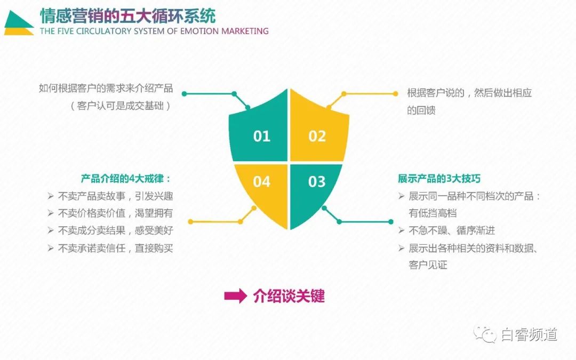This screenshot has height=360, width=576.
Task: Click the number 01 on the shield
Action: (x=262, y=136)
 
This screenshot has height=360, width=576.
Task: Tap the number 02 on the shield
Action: (x=317, y=136)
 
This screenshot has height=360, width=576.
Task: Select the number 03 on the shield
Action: (x=317, y=182)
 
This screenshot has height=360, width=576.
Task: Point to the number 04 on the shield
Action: (x=262, y=182)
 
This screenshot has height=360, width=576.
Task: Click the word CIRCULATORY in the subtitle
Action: (x=102, y=31)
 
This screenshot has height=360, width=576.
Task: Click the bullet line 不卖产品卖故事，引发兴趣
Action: (x=115, y=196)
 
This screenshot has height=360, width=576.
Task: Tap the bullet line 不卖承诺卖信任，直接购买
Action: (x=115, y=248)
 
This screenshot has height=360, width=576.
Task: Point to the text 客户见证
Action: (x=428, y=265)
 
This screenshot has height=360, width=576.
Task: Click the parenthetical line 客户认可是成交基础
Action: (x=121, y=106)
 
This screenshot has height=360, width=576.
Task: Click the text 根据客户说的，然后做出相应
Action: (x=469, y=93)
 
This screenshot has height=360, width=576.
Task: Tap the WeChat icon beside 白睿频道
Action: (x=486, y=334)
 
